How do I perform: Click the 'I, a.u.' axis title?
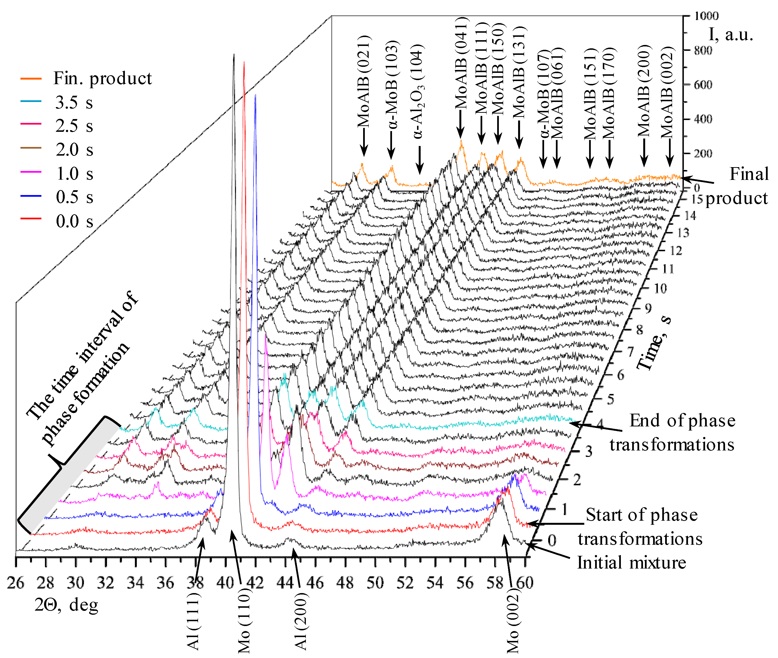[x=731, y=34]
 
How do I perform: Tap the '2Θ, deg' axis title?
[x=66, y=605]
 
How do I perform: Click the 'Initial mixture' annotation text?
[x=631, y=563]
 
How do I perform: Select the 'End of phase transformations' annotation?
[x=672, y=433]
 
